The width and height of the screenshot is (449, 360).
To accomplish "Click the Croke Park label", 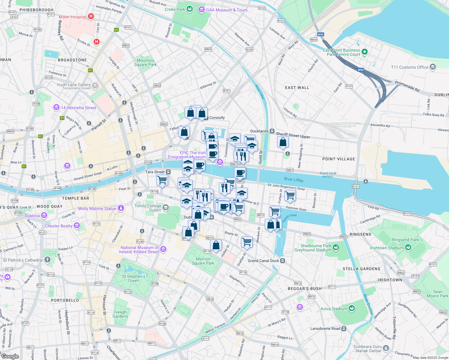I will (175, 9).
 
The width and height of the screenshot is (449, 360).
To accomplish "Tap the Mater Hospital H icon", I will (91, 16).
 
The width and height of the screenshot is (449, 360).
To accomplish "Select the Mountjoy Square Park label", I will (145, 62).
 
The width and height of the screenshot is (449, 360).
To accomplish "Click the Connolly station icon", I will (206, 118).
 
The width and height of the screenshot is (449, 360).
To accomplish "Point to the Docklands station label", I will (259, 131).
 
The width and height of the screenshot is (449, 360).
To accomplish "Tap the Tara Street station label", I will (155, 172).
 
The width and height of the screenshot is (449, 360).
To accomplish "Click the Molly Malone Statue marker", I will (121, 208).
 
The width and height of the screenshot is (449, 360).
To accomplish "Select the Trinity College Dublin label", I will (148, 208).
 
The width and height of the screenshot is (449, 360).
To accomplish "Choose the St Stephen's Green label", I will (134, 278).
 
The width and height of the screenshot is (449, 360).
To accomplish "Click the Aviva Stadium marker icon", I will (352, 308).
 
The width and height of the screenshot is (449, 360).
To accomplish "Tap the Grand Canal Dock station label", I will (263, 261).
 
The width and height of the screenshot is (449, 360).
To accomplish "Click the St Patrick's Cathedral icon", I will (47, 260).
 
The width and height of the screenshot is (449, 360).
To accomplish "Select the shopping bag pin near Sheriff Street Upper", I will (283, 142).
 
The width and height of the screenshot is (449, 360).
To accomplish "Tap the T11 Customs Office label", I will (409, 67).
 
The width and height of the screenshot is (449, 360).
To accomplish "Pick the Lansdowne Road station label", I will (325, 328).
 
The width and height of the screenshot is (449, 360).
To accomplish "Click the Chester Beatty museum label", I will (59, 226).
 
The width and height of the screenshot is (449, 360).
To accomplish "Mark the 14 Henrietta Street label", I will (78, 108).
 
